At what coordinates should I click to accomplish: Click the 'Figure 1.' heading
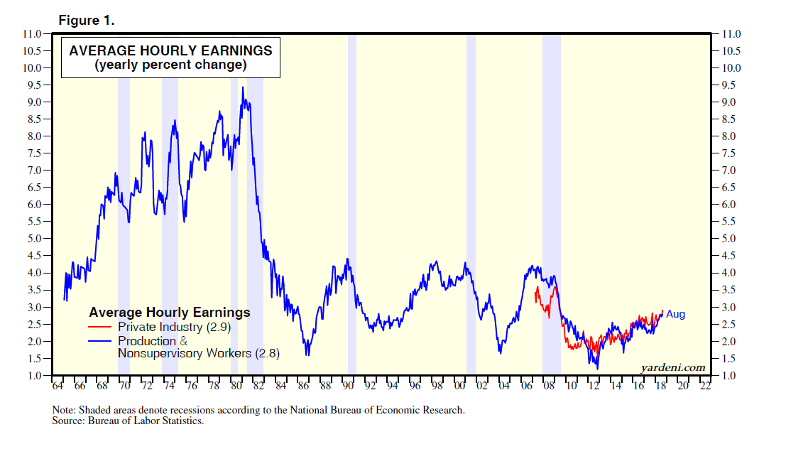coord(86,21)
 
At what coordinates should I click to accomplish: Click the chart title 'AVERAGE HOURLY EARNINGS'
coord(170,50)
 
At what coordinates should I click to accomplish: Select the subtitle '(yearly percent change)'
coord(170,65)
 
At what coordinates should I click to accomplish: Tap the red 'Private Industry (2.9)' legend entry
coord(174,327)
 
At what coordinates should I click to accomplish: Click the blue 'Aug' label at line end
coord(675,313)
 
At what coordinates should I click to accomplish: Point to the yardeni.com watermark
coord(672,367)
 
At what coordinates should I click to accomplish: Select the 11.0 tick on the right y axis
coord(731,34)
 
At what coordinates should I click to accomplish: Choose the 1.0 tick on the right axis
coord(731,375)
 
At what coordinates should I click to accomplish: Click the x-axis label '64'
coord(58,387)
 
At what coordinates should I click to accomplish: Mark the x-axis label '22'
coord(704,387)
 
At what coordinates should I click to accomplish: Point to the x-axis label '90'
coord(348,387)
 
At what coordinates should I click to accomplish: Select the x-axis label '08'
coord(549,387)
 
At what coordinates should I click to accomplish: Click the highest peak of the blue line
coord(243,87)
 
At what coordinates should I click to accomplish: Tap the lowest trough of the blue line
coord(597,368)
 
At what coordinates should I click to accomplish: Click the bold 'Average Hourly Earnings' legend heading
coord(169,312)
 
